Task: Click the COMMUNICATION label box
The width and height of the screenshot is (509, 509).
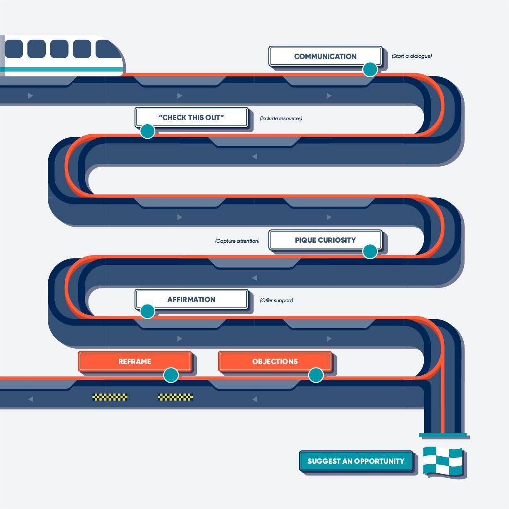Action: (325, 56)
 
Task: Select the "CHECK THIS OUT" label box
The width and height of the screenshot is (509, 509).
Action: (191, 117)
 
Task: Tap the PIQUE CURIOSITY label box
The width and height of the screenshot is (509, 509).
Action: (325, 240)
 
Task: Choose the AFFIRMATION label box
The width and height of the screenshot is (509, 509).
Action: (191, 299)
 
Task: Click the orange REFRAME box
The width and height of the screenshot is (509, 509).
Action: (134, 361)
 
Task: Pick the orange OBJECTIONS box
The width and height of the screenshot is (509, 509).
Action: (275, 361)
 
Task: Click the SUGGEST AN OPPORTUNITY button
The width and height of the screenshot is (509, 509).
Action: (356, 461)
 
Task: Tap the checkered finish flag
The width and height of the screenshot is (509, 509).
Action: (443, 461)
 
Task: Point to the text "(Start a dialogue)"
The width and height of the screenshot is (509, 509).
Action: (411, 56)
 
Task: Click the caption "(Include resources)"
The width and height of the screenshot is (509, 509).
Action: (281, 118)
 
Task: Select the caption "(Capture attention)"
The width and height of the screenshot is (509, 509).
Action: (237, 241)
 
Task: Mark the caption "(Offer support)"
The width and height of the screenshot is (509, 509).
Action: (276, 300)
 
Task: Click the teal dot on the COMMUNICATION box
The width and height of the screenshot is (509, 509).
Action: (370, 69)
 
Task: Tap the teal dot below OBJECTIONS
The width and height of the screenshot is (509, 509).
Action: (316, 375)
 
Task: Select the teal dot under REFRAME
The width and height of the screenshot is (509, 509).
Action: (171, 375)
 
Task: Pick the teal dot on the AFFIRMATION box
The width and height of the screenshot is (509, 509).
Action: (148, 311)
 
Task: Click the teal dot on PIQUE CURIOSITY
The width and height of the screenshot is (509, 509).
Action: (370, 251)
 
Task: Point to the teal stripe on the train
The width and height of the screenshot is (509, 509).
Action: (62, 69)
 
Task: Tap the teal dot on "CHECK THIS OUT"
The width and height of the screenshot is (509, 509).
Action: (148, 131)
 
